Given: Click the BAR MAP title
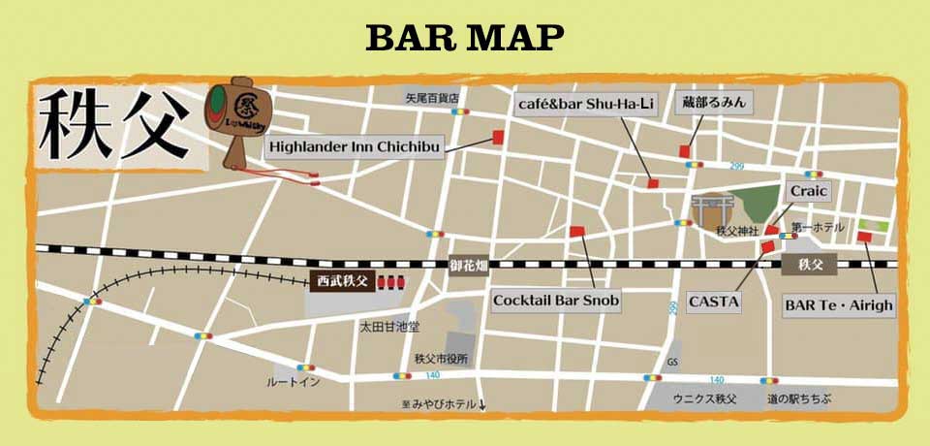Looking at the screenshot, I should click(465, 38).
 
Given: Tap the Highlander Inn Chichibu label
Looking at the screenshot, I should click(354, 146).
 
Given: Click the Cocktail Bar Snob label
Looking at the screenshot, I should click(555, 301).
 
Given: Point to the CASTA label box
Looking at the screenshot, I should click(714, 302).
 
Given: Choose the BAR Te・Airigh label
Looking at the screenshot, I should click(838, 305).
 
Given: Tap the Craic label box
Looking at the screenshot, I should click(808, 191).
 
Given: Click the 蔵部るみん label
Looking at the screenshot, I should click(715, 102).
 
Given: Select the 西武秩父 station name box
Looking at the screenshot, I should click(343, 281).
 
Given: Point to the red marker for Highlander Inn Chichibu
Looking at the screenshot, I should click(499, 137).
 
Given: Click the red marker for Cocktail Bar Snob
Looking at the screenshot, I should click(576, 232).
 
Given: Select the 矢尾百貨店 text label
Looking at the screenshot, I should click(431, 98).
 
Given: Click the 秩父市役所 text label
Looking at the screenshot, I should click(441, 359).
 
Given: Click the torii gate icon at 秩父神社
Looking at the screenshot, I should click(707, 210).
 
